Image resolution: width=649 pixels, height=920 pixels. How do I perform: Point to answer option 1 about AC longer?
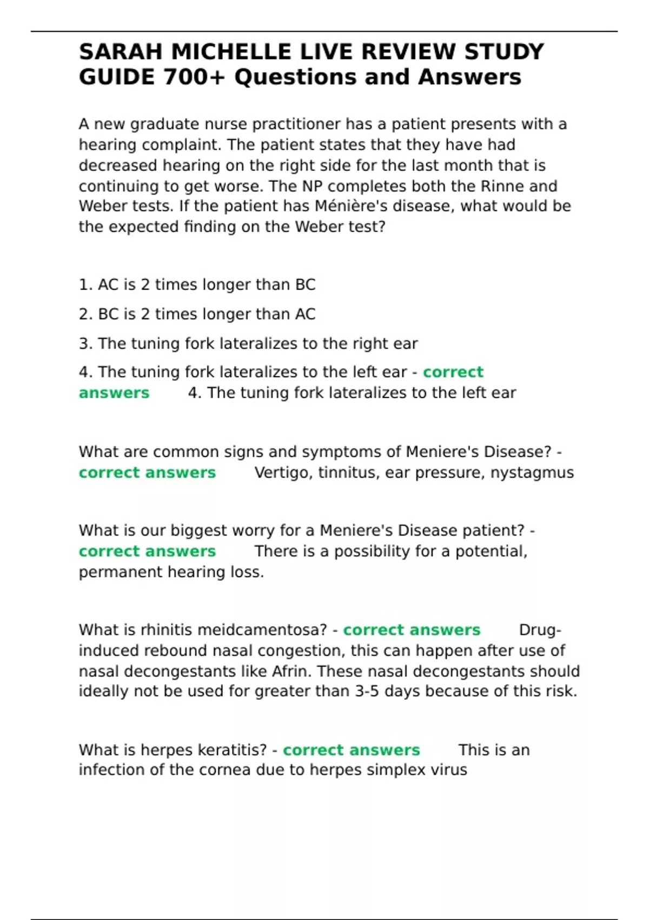pos(197,285)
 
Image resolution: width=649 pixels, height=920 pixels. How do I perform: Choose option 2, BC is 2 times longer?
pos(197,314)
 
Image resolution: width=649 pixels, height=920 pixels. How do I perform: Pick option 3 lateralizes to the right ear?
pos(248,344)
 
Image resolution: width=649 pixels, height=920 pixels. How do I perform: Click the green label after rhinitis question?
pos(412,630)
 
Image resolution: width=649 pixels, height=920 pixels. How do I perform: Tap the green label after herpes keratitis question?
pos(351,750)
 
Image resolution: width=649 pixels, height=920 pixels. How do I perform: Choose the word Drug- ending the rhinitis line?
pos(540,630)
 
